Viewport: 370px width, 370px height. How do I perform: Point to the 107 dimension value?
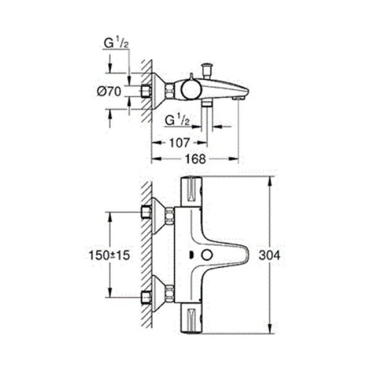click(x=178, y=142)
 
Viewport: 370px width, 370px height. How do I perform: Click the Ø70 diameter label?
click(x=109, y=91)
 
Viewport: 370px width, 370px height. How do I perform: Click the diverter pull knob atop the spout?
click(x=206, y=68)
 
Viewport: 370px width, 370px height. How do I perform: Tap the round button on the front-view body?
click(x=206, y=256)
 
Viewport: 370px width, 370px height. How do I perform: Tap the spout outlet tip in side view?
click(x=239, y=97)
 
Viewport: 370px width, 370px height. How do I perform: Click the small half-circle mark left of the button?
click(x=191, y=256)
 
